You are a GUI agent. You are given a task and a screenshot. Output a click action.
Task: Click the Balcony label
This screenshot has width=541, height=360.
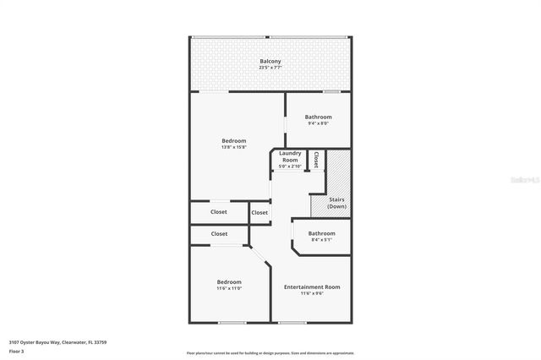[x=270, y=62]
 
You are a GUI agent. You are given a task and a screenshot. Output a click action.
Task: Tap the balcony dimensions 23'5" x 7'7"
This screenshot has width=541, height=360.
[x=270, y=68]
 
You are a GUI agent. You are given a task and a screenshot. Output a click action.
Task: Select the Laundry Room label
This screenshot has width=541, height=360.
[x=289, y=156]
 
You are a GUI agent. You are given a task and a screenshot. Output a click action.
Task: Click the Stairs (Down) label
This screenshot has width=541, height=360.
[x=336, y=203]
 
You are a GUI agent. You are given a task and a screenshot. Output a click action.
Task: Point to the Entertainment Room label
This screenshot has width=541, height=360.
[x=312, y=287]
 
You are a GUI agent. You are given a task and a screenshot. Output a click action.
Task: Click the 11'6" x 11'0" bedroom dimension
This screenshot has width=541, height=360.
[x=229, y=288]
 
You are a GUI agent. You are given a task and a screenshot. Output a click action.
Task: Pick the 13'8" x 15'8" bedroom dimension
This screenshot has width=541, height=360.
[x=233, y=147]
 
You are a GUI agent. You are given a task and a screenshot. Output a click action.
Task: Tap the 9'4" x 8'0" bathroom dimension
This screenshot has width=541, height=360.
[x=318, y=123]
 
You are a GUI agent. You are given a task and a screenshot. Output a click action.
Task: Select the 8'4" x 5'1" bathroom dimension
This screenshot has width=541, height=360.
[x=321, y=240]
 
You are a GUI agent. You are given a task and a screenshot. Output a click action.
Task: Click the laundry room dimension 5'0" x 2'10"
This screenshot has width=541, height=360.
[x=289, y=166]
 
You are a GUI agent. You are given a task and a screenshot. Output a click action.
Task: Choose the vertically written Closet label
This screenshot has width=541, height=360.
[x=316, y=159]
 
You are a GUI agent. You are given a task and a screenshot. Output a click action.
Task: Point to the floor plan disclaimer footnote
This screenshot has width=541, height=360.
[x=270, y=352]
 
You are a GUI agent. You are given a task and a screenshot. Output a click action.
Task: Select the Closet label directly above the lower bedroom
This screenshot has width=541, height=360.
[x=219, y=233]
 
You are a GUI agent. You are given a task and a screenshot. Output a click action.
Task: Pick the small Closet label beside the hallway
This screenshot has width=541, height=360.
[x=260, y=212]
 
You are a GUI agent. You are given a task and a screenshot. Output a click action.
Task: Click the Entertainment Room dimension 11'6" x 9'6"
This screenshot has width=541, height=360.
[x=312, y=294]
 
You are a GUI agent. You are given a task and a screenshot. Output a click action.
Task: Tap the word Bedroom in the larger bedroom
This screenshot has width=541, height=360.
[x=233, y=140]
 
